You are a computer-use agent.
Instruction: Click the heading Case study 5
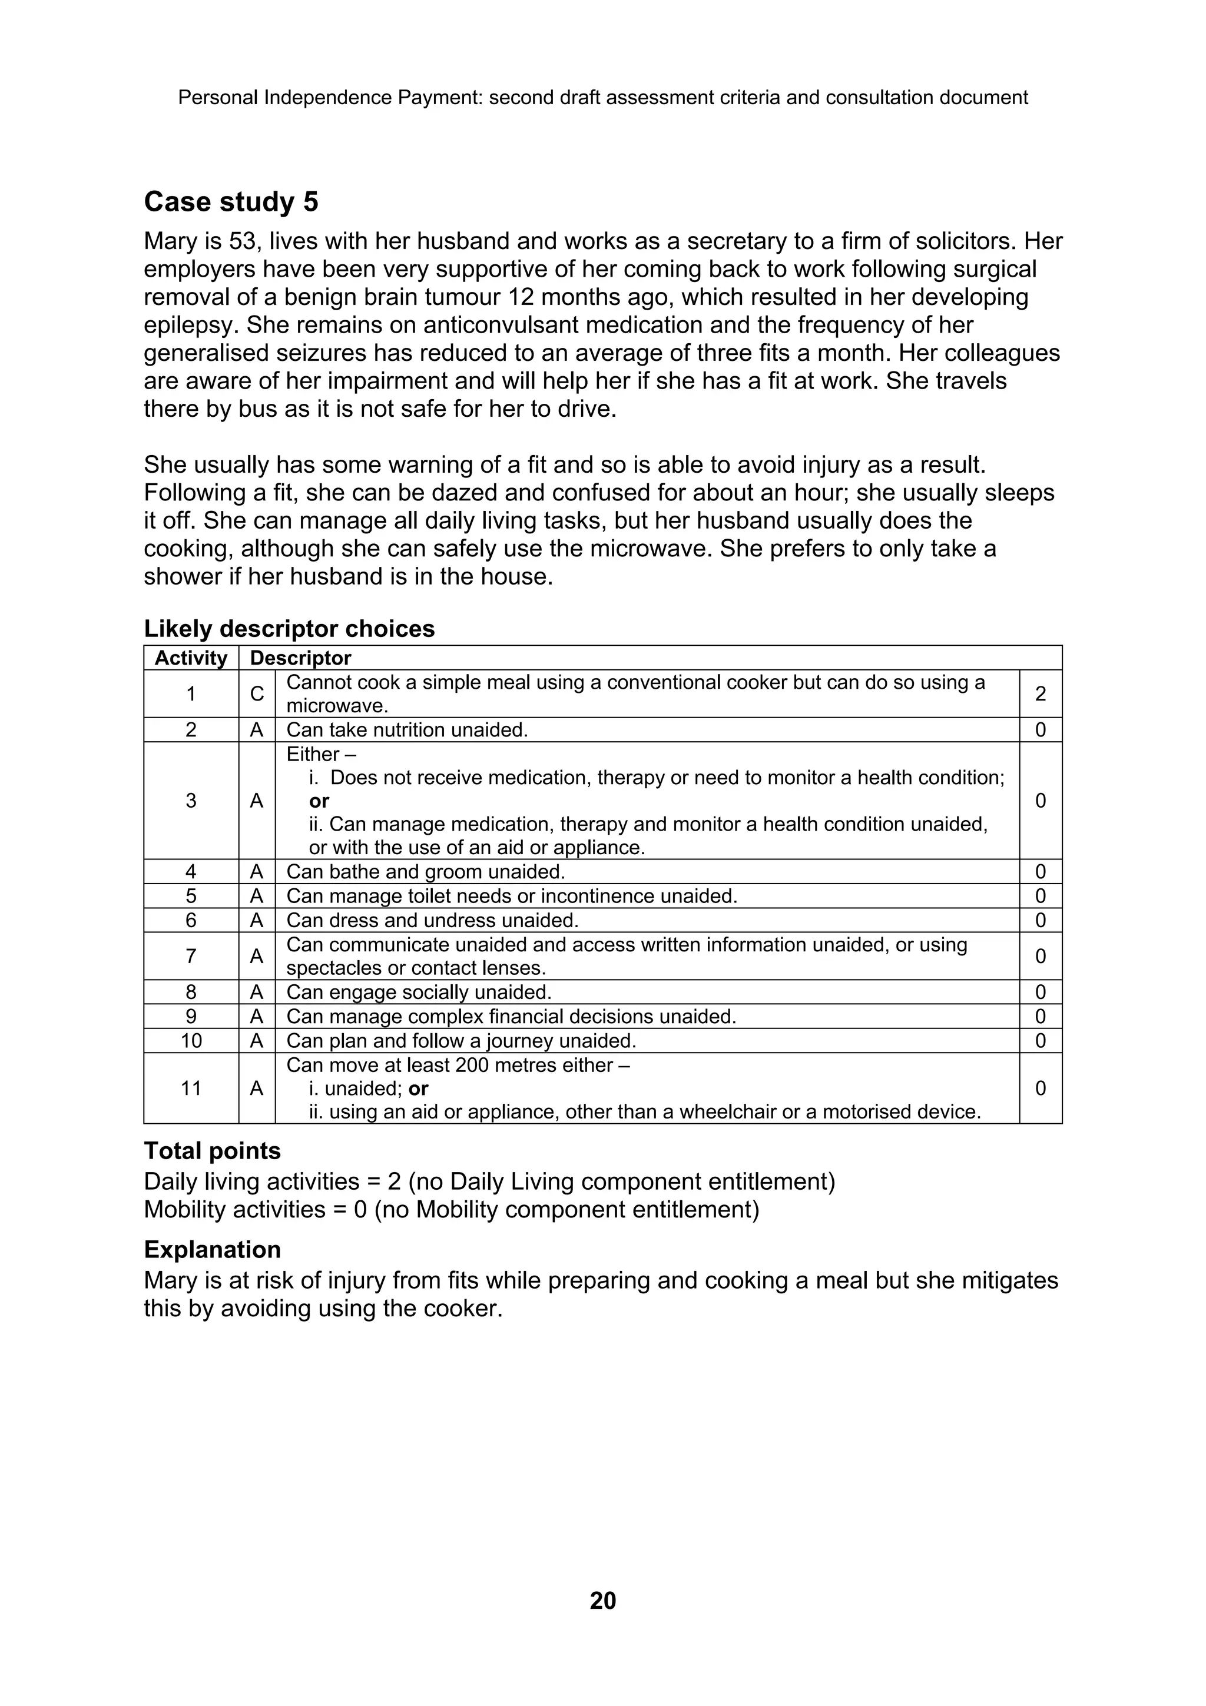231,202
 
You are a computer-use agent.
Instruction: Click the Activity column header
191,658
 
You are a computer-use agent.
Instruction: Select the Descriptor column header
300,658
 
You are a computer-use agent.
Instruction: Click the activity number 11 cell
191,1088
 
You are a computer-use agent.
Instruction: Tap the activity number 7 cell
191,956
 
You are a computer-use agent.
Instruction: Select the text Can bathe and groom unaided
426,872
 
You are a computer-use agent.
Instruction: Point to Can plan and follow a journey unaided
460,1041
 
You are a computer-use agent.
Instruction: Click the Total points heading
213,1151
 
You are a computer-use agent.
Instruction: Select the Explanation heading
213,1250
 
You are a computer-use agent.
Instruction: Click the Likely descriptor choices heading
289,629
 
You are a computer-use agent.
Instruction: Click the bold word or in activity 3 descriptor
319,801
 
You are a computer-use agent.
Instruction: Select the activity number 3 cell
191,801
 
